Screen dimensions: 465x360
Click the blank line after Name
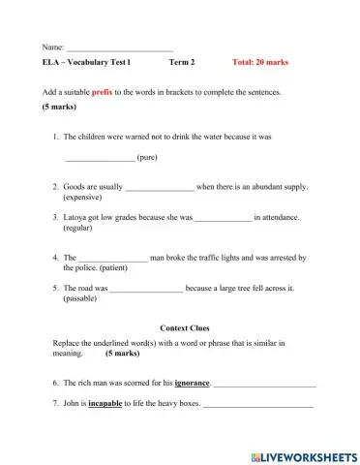click(x=120, y=46)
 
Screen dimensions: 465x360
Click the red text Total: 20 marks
click(x=260, y=62)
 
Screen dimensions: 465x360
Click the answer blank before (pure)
click(x=100, y=157)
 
